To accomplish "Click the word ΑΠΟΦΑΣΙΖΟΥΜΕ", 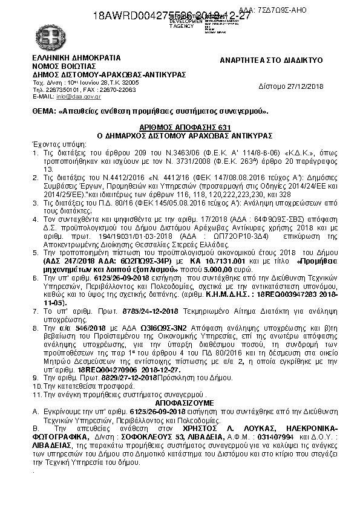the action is pyautogui.click(x=180, y=401).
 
